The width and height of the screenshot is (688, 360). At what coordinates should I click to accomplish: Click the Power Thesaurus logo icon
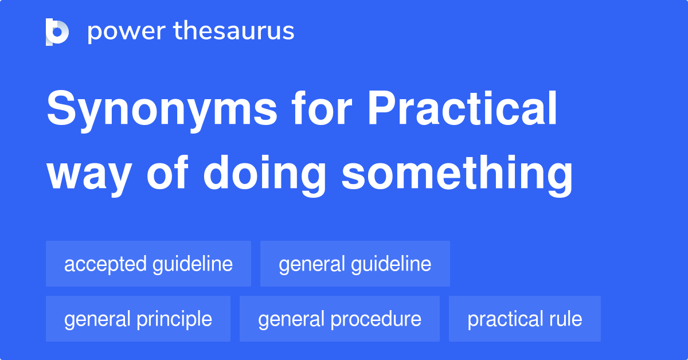pos(57,32)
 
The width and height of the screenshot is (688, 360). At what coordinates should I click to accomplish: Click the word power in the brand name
pos(127,32)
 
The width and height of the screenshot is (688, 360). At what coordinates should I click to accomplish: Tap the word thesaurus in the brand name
pos(234,30)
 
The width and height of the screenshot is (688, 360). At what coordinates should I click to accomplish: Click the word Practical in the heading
pos(462,108)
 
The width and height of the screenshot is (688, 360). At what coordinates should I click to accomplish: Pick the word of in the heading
pos(167,172)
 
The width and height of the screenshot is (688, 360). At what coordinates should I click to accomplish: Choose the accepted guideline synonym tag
pos(148,264)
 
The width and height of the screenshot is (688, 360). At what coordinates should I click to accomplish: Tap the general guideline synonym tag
pos(355,264)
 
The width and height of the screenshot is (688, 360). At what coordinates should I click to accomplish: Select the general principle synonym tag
pos(138,319)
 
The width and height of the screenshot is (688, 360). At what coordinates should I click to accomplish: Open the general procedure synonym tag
pos(339,319)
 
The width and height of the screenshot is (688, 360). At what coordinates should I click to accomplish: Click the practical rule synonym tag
pos(525,319)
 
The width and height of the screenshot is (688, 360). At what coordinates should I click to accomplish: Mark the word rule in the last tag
pos(566,319)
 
